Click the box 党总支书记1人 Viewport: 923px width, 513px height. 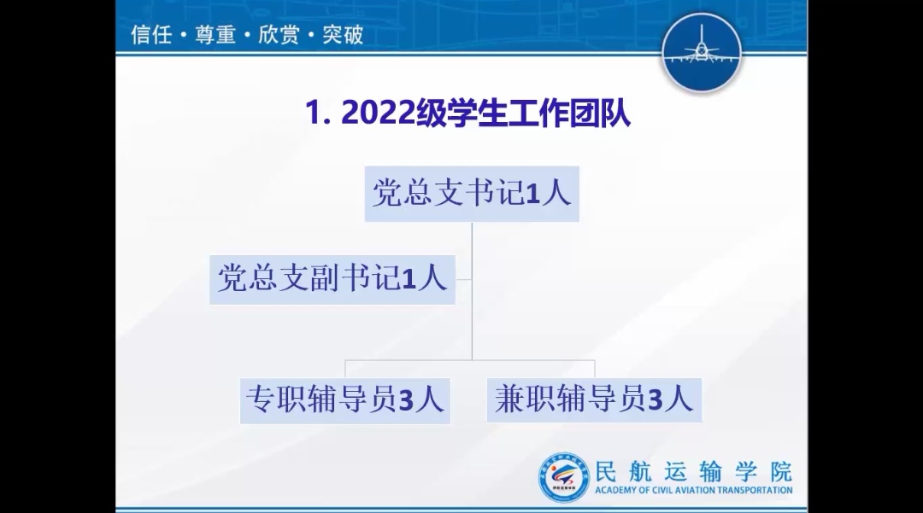[472, 193]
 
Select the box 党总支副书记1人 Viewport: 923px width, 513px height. [332, 279]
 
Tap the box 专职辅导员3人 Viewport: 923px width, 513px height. [345, 401]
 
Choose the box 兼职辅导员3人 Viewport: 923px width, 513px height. [594, 400]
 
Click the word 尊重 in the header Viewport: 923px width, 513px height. [215, 35]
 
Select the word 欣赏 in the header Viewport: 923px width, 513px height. [279, 35]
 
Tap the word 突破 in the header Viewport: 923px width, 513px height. [343, 35]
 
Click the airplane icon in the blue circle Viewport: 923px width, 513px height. [701, 48]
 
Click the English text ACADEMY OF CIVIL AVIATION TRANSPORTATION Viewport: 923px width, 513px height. [693, 490]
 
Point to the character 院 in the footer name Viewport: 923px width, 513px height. [781, 471]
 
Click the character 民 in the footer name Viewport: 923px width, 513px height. [607, 471]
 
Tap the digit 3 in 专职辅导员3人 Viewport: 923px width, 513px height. [407, 401]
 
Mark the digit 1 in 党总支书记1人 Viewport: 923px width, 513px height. [532, 194]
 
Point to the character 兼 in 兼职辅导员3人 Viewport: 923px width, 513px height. [509, 399]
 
